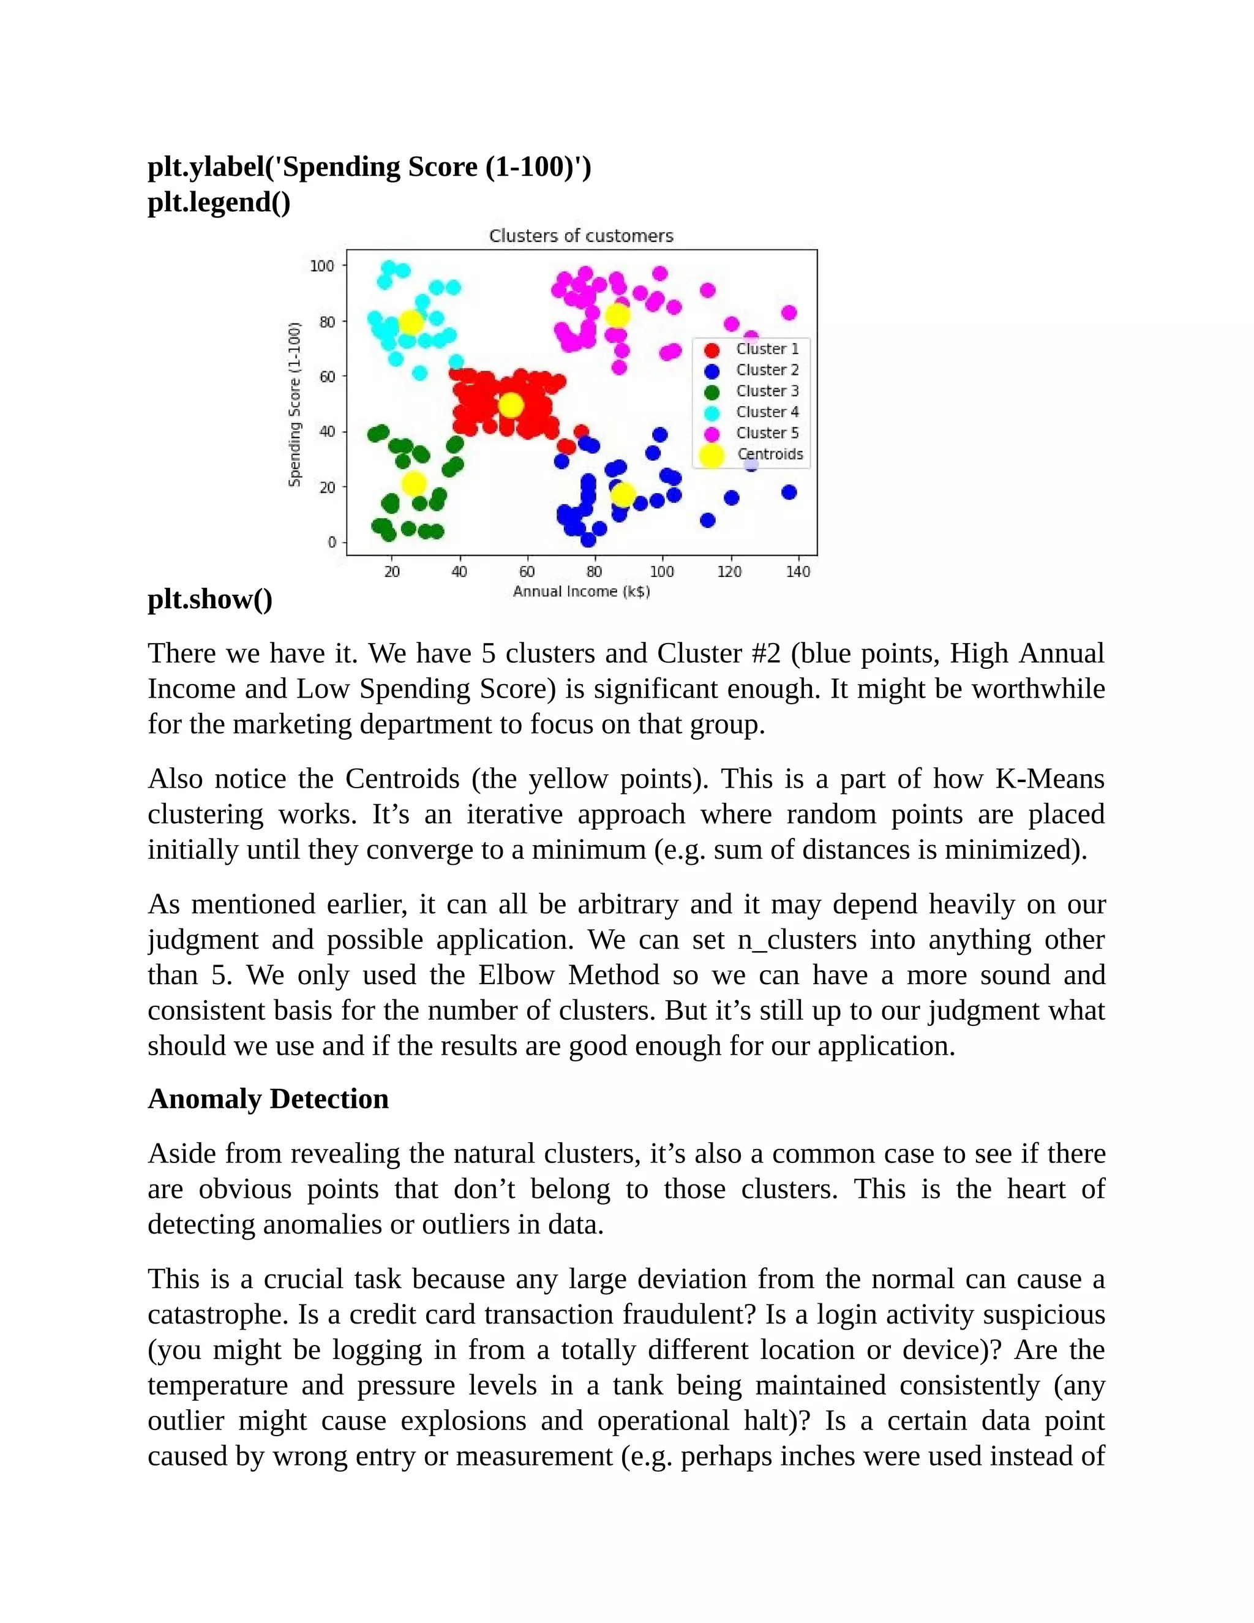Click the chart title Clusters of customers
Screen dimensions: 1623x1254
(581, 236)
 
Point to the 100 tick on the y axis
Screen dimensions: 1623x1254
(321, 266)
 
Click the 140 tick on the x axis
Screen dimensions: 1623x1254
(798, 571)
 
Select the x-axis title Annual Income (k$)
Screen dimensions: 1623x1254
(581, 592)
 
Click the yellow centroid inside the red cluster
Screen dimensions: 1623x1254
(511, 405)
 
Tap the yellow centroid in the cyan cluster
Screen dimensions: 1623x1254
(411, 323)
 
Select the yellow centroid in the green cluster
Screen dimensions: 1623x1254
(414, 483)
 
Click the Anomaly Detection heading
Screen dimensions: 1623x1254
(268, 1098)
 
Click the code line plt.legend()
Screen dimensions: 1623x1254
(219, 202)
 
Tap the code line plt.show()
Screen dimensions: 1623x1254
(210, 599)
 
